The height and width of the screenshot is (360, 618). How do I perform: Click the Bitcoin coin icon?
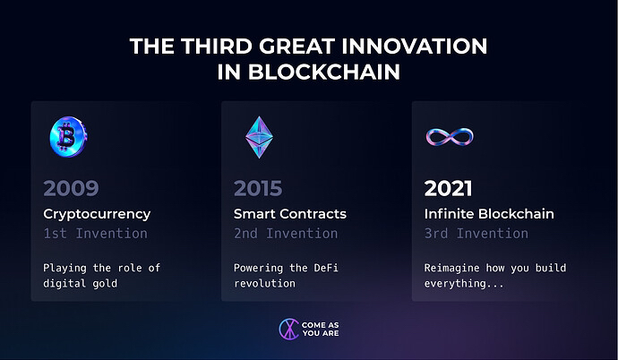68,137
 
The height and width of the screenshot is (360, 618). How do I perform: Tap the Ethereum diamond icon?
259,137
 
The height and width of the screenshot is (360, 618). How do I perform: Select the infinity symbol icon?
450,137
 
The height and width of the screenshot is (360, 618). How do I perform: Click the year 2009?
71,188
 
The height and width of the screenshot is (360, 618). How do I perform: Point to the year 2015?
258,188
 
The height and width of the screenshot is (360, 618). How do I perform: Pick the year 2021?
448,188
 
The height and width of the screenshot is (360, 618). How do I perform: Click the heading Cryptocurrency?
97,214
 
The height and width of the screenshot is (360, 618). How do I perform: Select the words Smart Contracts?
290,214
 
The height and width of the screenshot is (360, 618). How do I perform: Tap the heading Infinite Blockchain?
489,214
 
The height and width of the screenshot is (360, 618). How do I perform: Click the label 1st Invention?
95,234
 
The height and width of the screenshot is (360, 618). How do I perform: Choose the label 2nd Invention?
286,234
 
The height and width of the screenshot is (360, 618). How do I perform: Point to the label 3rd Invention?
476,234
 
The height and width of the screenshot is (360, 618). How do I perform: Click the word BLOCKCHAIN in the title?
324,72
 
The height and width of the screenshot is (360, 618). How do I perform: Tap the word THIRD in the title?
217,46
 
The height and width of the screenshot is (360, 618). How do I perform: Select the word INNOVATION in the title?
414,46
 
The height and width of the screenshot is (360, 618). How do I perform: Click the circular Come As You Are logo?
289,330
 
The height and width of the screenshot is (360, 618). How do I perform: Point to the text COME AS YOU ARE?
321,330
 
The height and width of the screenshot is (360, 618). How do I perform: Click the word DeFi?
326,268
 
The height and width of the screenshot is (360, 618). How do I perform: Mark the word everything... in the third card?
464,284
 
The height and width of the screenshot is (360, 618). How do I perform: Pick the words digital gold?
80,284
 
